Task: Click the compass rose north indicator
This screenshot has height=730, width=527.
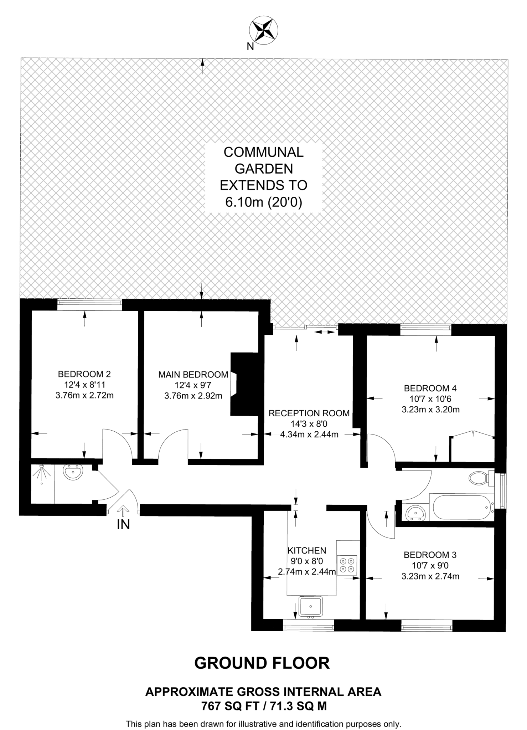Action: (264, 31)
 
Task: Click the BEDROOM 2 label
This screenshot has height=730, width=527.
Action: (84, 374)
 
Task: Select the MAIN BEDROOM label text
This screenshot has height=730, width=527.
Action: (193, 375)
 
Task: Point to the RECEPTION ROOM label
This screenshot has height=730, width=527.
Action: (309, 413)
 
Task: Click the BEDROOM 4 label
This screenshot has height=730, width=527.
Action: (430, 388)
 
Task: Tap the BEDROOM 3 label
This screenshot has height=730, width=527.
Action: (430, 555)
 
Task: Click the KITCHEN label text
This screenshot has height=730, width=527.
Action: (307, 551)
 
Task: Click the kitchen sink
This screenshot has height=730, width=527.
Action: (311, 606)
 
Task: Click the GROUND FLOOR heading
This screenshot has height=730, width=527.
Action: (262, 663)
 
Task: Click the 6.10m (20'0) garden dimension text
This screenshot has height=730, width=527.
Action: (264, 202)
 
